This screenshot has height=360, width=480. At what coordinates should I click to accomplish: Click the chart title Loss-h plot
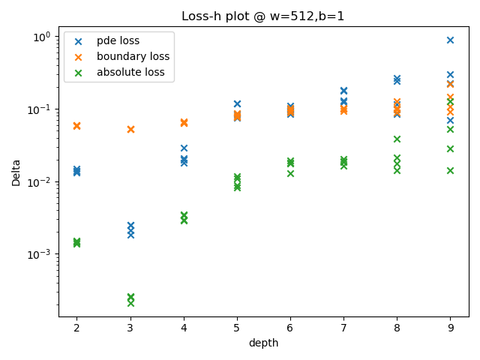tap(262, 16)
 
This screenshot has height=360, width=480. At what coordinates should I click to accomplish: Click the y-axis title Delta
tap(16, 172)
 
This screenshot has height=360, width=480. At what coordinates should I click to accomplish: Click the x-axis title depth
tap(263, 343)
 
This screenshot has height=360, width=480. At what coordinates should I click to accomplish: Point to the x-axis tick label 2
tap(76, 328)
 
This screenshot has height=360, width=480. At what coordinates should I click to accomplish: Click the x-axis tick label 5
tap(237, 328)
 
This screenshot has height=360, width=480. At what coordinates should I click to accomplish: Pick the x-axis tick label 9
tap(450, 328)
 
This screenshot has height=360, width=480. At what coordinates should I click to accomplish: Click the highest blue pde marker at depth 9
tap(450, 40)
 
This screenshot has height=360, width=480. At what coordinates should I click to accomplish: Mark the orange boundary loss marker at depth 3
tap(130, 129)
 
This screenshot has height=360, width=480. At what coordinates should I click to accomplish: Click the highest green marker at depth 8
tap(397, 139)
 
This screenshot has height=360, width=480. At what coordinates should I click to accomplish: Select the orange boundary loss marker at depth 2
tap(76, 125)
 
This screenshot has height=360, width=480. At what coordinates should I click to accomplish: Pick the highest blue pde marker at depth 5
tap(237, 103)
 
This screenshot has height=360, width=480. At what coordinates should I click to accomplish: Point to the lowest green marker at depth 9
tap(450, 170)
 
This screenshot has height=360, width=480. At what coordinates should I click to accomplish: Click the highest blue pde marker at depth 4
tap(184, 148)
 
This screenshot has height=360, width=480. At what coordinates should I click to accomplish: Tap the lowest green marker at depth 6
tap(290, 173)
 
